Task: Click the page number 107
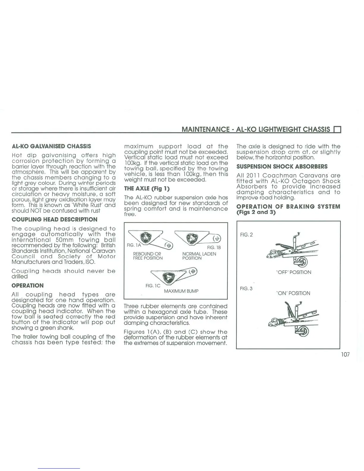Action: click(x=345, y=354)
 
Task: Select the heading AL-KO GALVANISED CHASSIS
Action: click(x=51, y=146)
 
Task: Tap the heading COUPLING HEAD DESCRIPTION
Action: click(x=54, y=219)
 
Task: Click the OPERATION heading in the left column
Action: click(x=27, y=285)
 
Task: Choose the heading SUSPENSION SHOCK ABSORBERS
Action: click(x=282, y=167)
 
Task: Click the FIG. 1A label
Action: click(x=134, y=245)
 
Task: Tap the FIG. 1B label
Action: click(x=214, y=247)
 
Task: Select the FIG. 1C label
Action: click(x=153, y=285)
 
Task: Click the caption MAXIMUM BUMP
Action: click(x=181, y=291)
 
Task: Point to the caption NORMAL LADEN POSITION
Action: click(x=199, y=256)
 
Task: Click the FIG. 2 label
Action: click(x=246, y=235)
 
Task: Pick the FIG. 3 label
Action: click(x=246, y=288)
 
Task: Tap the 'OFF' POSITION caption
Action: click(x=294, y=272)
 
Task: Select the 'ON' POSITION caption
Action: click(x=293, y=293)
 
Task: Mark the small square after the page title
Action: click(x=337, y=130)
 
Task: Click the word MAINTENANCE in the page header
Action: click(x=205, y=129)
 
